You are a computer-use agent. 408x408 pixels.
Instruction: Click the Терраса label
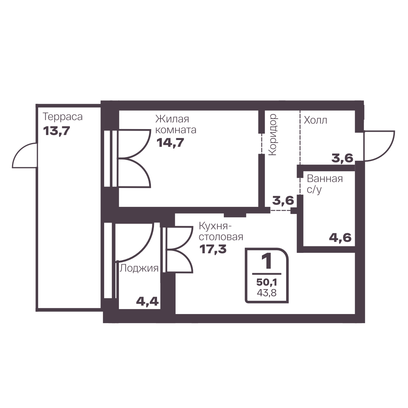[62, 117]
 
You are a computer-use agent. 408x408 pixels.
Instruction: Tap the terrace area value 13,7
[57, 131]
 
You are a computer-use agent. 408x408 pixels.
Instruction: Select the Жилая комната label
[176, 125]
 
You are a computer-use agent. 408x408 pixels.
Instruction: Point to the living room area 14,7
[170, 143]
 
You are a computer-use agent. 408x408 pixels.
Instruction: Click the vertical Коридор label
[273, 134]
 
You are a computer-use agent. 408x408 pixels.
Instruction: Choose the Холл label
[316, 120]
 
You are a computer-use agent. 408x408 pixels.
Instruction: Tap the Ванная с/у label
[325, 184]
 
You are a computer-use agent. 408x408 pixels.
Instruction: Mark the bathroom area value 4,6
[340, 237]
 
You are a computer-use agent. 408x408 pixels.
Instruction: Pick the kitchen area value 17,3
[213, 249]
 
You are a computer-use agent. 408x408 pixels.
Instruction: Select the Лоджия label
[139, 268]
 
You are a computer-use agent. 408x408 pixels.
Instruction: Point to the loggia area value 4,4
[147, 302]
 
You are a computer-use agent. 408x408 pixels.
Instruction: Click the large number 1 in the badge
[267, 261]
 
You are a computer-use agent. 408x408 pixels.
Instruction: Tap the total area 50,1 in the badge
[267, 282]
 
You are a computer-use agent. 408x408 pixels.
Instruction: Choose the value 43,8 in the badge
[267, 293]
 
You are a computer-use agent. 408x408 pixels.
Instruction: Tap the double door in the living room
[134, 158]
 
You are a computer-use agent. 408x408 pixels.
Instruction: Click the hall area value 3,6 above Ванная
[342, 158]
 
